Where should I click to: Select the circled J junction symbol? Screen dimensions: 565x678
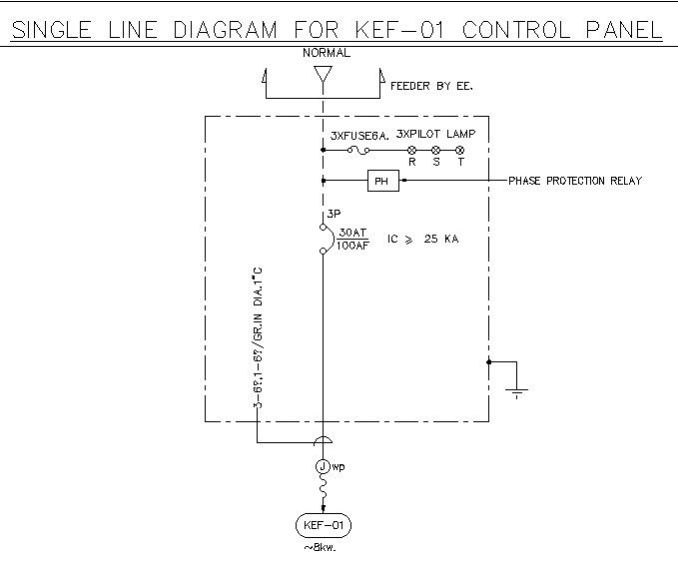pyautogui.click(x=324, y=466)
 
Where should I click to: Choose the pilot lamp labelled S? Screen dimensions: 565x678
pyautogui.click(x=436, y=151)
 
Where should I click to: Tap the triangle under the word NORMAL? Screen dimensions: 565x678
pyautogui.click(x=323, y=76)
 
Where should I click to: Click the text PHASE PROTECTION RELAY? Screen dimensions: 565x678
pyautogui.click(x=575, y=181)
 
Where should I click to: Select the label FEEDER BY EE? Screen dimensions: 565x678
pyautogui.click(x=431, y=87)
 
